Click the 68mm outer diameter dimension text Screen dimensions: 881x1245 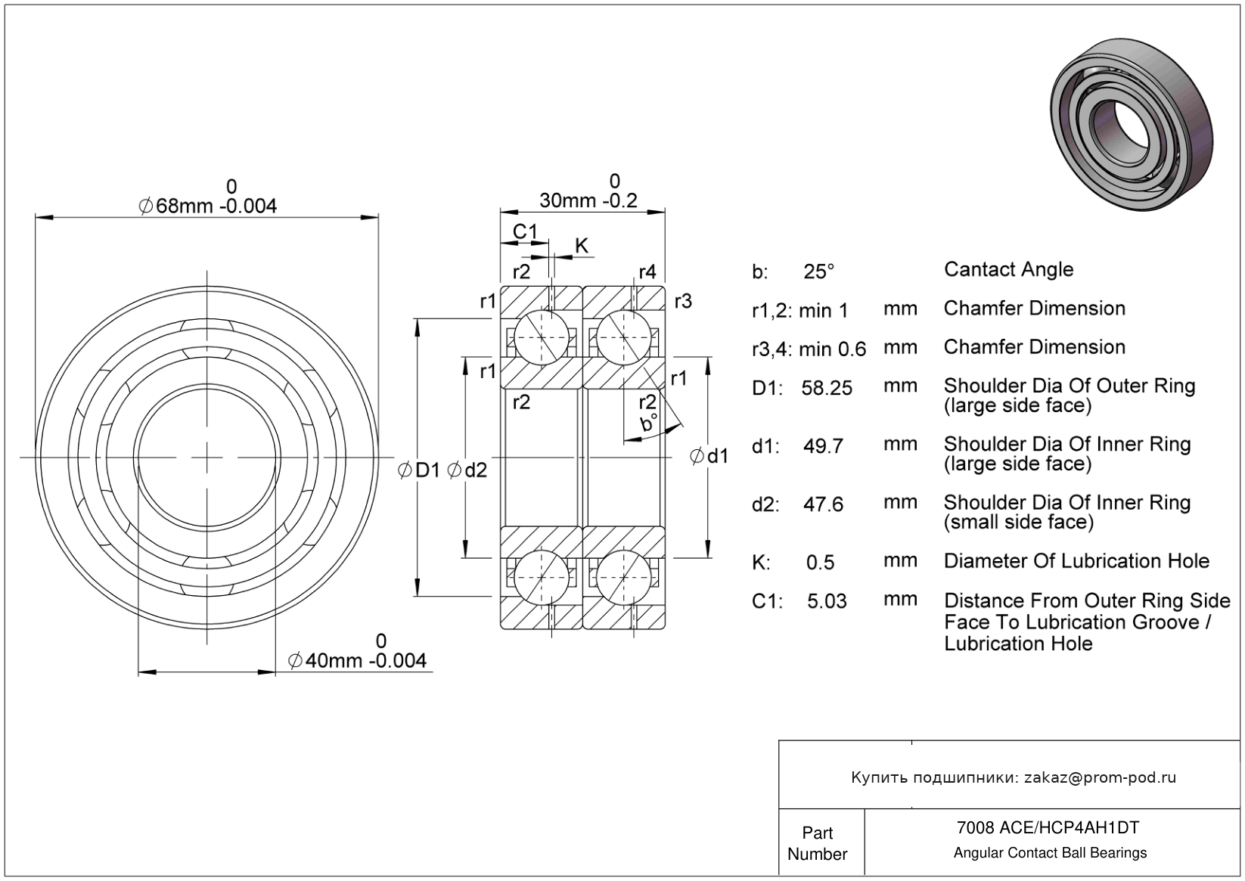[x=208, y=205]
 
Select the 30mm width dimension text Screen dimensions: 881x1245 [x=588, y=200]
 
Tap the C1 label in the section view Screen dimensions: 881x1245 [x=524, y=231]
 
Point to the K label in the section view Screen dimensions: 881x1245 [x=581, y=246]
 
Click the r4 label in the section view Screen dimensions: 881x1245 [x=647, y=272]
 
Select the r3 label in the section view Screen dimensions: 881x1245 [x=682, y=301]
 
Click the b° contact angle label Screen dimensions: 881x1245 [x=648, y=423]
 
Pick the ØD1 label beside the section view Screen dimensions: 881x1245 [x=419, y=470]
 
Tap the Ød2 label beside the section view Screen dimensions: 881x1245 [x=467, y=470]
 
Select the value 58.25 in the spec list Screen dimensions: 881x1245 [x=826, y=388]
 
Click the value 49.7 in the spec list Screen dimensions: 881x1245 [x=823, y=446]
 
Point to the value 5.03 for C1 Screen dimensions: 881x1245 [x=827, y=601]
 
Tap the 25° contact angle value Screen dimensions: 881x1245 [x=818, y=271]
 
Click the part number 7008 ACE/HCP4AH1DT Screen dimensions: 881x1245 [x=1048, y=827]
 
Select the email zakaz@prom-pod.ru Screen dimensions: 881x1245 [x=1100, y=777]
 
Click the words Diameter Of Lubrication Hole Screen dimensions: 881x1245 [x=1076, y=561]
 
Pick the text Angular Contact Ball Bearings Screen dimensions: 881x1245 [x=1050, y=853]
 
